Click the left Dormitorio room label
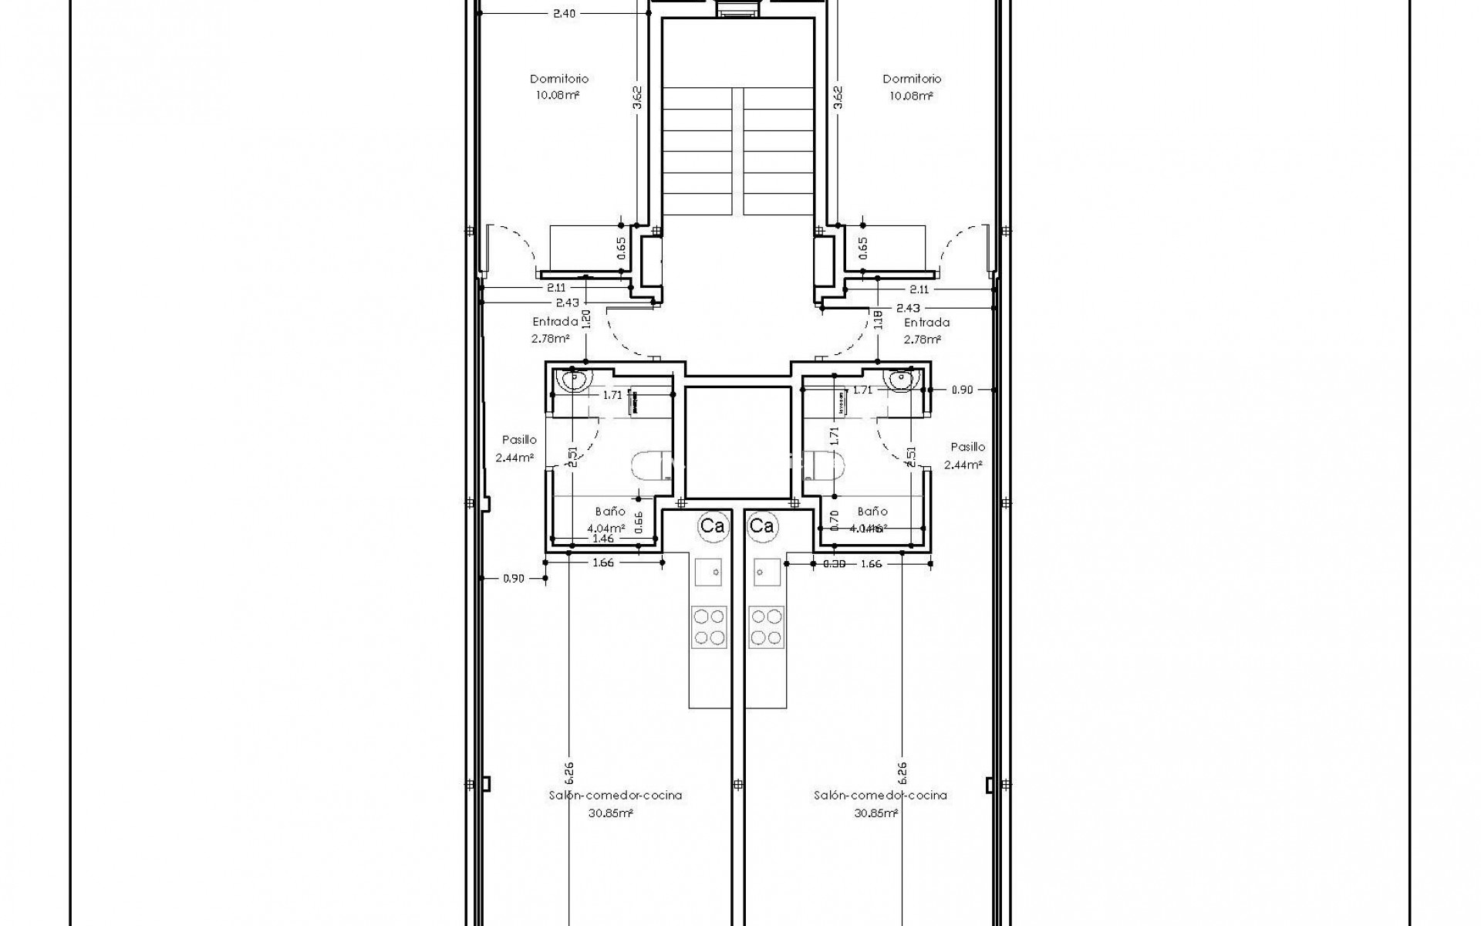pyautogui.click(x=558, y=79)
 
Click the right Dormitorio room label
pyautogui.click(x=912, y=79)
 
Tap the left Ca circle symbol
pyautogui.click(x=711, y=526)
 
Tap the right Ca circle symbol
pyautogui.click(x=761, y=526)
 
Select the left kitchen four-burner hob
pyautogui.click(x=708, y=627)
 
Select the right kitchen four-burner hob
pyautogui.click(x=767, y=627)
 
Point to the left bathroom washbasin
pyautogui.click(x=575, y=380)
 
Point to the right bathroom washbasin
pyautogui.click(x=901, y=380)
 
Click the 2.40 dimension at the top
pyautogui.click(x=564, y=13)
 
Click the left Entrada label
pyautogui.click(x=555, y=323)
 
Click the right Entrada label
pyautogui.click(x=926, y=323)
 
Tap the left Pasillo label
pyautogui.click(x=519, y=440)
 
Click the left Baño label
pyautogui.click(x=609, y=511)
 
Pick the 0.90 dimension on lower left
pyautogui.click(x=513, y=578)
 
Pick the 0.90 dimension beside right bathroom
pyautogui.click(x=961, y=390)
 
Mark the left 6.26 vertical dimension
pyautogui.click(x=568, y=772)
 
